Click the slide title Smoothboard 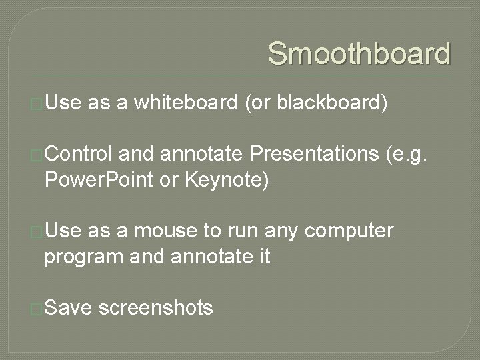point(359,53)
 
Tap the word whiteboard point(185,103)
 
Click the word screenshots point(155,308)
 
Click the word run point(243,231)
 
